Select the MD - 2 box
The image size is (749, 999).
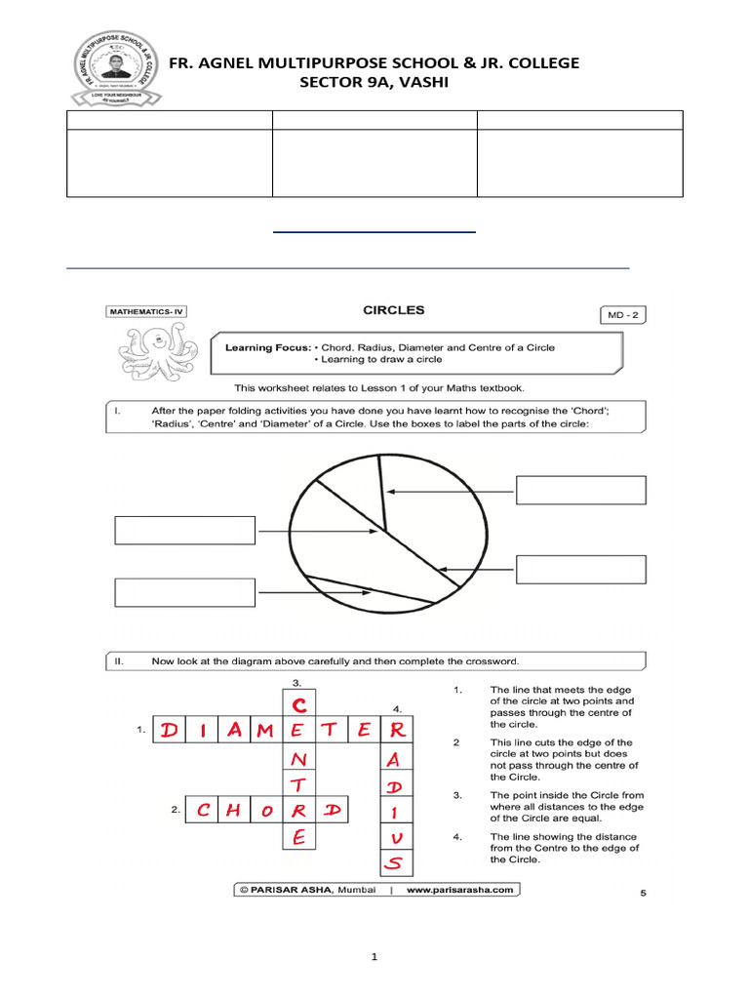point(622,314)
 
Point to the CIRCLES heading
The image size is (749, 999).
point(393,310)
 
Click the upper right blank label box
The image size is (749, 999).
point(580,490)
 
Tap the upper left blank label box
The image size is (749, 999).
point(185,530)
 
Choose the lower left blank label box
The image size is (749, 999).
point(185,592)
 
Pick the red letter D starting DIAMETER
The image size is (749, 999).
point(170,730)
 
